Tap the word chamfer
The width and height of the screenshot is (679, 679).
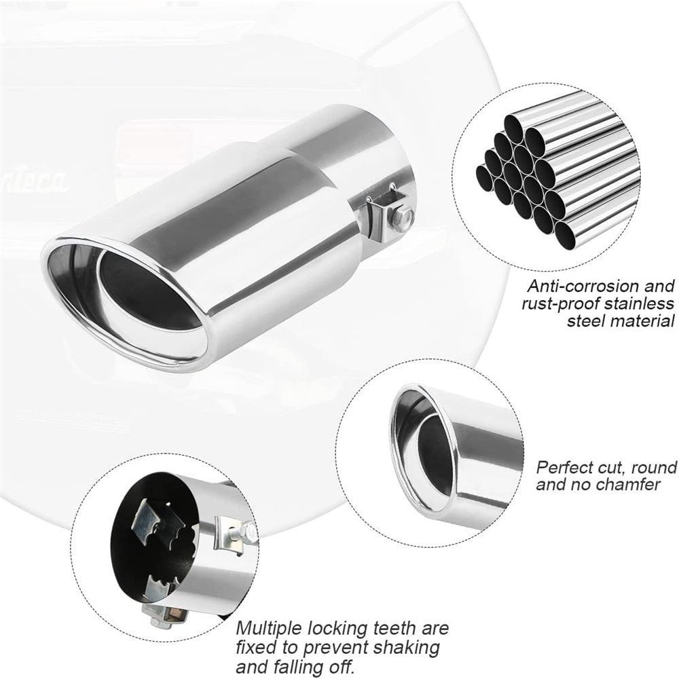pyautogui.click(x=631, y=484)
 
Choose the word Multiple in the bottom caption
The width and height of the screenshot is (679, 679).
pyautogui.click(x=268, y=628)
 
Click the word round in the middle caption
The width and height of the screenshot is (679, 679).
pyautogui.click(x=654, y=468)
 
